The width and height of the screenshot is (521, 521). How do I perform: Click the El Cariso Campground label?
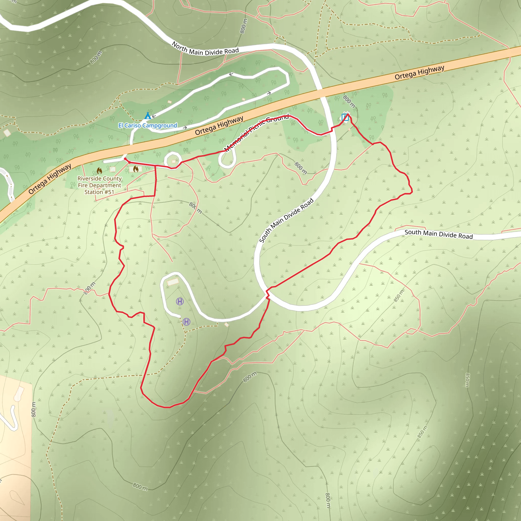click(x=148, y=125)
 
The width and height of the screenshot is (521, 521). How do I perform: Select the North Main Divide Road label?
click(x=205, y=49)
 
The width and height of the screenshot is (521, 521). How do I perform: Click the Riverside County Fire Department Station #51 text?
click(x=99, y=185)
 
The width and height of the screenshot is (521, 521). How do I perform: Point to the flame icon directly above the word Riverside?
click(x=99, y=171)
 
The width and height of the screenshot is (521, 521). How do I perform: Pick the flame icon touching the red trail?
click(x=136, y=169)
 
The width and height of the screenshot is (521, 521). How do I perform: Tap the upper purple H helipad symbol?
click(x=180, y=301)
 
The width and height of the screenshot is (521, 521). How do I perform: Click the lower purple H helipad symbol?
click(x=186, y=322)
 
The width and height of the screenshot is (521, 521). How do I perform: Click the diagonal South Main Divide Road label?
click(x=286, y=220)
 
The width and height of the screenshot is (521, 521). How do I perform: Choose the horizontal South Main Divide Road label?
click(x=439, y=234)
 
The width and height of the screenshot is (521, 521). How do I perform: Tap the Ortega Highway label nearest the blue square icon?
click(x=419, y=72)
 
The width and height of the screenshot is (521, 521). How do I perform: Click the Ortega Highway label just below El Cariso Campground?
click(x=219, y=126)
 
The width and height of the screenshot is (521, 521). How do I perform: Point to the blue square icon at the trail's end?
click(x=345, y=117)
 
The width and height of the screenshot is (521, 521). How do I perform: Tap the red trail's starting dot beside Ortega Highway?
click(x=125, y=159)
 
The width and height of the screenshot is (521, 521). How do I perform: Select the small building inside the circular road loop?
click(x=174, y=162)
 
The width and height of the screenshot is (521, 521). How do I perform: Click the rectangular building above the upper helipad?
click(x=173, y=282)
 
